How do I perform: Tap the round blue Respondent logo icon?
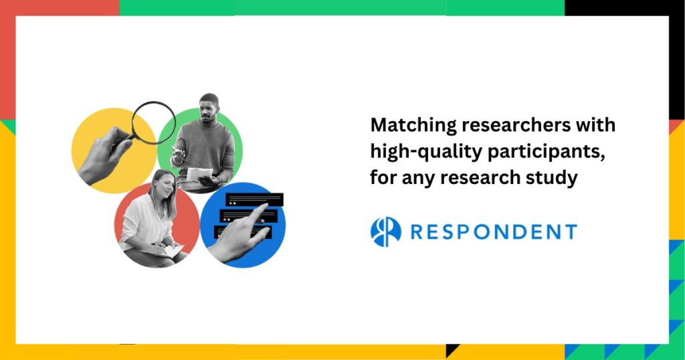[386, 232]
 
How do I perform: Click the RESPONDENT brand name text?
[494, 232]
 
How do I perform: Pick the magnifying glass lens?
[154, 122]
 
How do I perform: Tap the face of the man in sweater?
[209, 110]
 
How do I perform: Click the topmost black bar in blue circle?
[255, 199]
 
